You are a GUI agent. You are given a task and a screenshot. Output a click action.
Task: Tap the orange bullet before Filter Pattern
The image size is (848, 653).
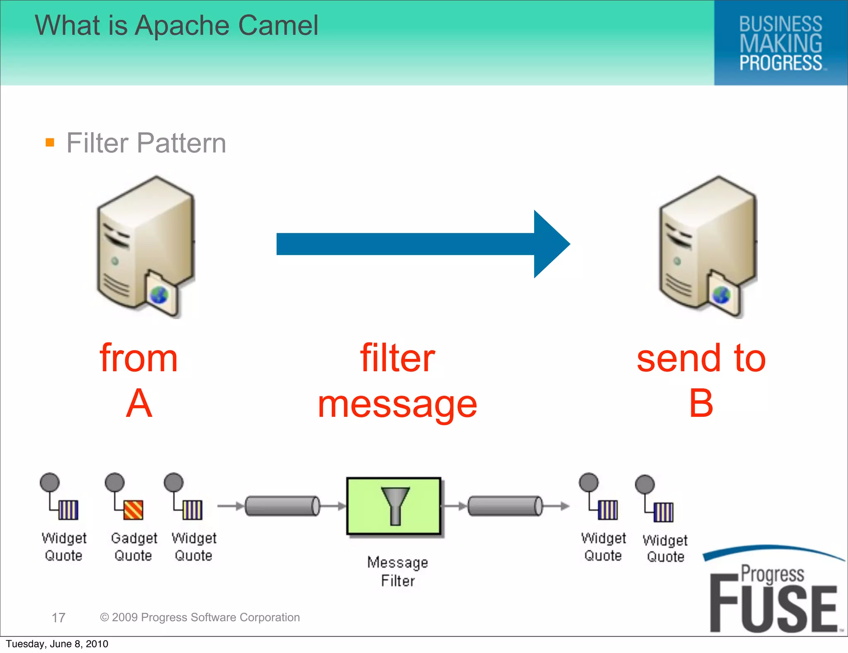click(50, 143)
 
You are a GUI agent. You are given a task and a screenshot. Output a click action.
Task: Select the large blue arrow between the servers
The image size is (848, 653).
click(422, 244)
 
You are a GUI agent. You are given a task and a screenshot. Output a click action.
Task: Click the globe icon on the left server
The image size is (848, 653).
click(159, 295)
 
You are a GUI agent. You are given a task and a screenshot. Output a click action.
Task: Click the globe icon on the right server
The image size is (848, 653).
click(721, 295)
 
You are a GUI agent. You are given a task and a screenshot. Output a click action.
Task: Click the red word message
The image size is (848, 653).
click(397, 405)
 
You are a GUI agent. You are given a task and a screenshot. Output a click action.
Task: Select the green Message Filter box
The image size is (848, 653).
click(394, 506)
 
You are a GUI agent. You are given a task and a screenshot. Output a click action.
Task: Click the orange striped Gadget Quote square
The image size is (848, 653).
click(133, 510)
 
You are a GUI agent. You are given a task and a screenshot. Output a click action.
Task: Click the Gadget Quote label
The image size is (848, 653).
click(134, 547)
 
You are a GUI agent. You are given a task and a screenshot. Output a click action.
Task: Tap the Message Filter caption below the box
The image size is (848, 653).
click(397, 571)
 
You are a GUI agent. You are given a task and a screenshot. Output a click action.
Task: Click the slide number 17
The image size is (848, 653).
click(58, 618)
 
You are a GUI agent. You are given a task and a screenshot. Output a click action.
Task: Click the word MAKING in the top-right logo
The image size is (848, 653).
click(781, 44)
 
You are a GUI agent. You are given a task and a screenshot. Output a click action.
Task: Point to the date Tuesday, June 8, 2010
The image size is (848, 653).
click(57, 644)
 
